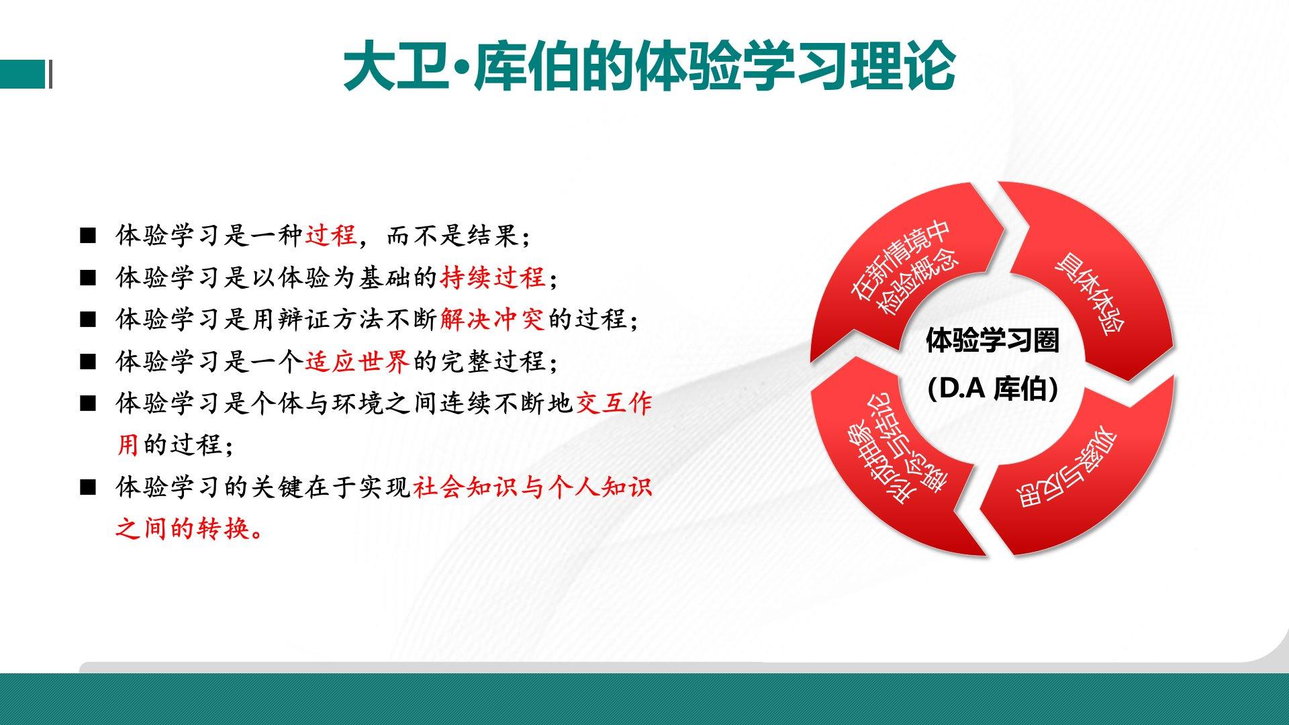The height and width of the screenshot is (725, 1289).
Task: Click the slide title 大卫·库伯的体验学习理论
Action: coord(649,65)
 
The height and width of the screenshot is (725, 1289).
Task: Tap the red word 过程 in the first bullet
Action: coord(331,235)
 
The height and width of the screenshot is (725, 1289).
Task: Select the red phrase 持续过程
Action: coord(492,277)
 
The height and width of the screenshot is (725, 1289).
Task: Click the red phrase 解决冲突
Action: coord(492,319)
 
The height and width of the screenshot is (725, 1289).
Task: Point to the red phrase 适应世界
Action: coord(357,361)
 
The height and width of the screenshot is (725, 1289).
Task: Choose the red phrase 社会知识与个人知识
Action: coord(533,487)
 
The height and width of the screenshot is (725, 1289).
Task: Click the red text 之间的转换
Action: coord(190,528)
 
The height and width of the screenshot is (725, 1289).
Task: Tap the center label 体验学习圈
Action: coord(992,340)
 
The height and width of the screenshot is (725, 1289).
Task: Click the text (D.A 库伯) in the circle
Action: coord(992,389)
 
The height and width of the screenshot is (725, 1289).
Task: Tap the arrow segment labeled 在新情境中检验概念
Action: coord(900,269)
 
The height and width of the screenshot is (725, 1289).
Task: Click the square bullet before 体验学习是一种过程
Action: coord(88,236)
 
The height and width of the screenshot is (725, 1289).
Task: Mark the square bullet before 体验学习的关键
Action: coord(88,487)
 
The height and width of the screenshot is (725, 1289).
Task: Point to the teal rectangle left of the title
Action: coord(23,74)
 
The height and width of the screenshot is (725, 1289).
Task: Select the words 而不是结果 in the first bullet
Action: coord(452,235)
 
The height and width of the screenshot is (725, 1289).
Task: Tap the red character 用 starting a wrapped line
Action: coord(128,444)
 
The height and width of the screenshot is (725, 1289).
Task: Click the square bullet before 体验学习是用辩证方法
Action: coord(88,320)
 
